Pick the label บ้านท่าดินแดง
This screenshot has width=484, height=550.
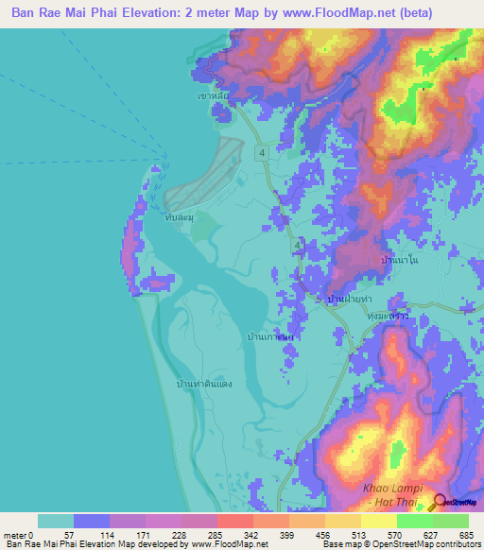pyautogui.click(x=204, y=384)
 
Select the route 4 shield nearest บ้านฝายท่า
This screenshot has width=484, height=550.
pyautogui.click(x=298, y=246)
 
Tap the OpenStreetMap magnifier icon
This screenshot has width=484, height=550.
pyautogui.click(x=440, y=502)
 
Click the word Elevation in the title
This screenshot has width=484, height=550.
pyautogui.click(x=139, y=12)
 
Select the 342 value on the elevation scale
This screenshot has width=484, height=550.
pyautogui.click(x=252, y=534)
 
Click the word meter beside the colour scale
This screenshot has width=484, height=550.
pyautogui.click(x=16, y=534)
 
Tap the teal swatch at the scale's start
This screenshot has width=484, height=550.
pyautogui.click(x=55, y=521)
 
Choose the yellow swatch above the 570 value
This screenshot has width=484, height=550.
pyautogui.click(x=378, y=521)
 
